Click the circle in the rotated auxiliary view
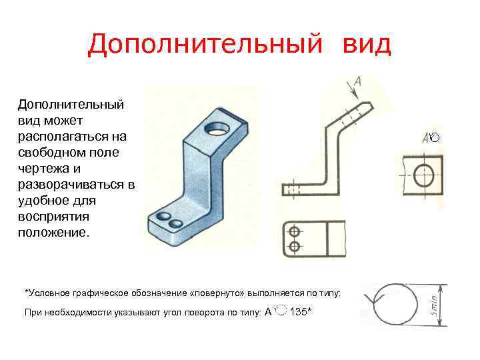[423, 175]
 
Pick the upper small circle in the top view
[294, 233]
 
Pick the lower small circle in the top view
[294, 248]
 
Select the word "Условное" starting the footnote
[46, 293]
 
